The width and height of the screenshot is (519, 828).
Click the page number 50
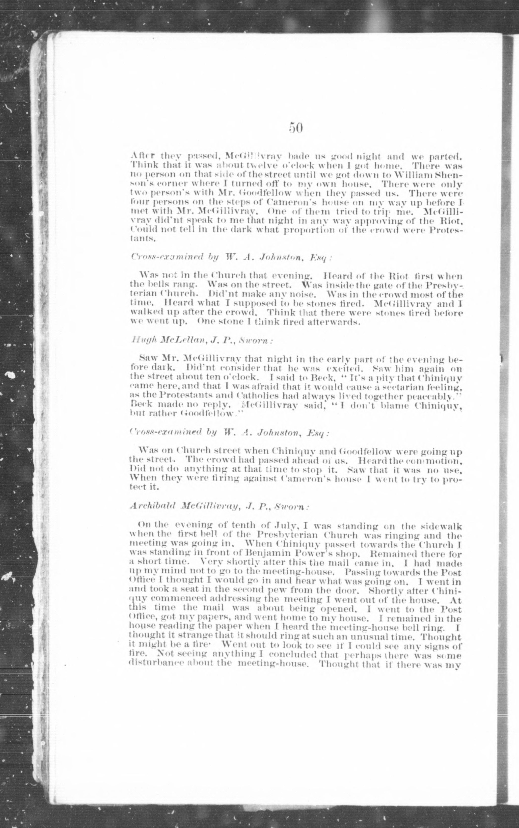coord(295,128)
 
